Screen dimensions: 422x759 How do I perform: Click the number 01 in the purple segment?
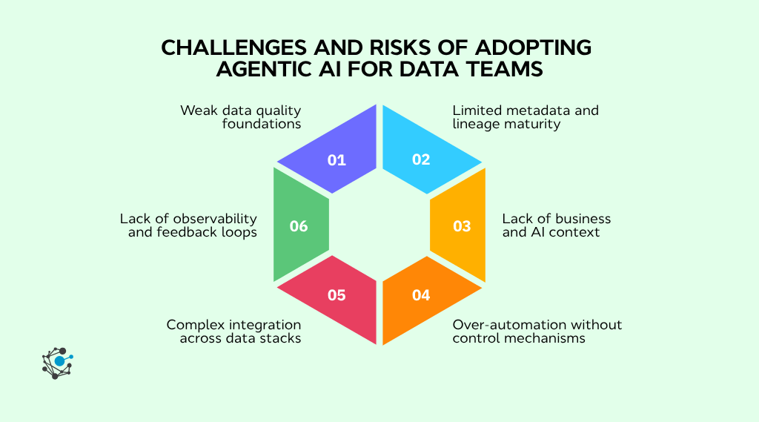tap(337, 159)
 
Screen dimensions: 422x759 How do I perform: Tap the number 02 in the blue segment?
tap(421, 159)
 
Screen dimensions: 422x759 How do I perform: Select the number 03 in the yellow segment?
tap(462, 226)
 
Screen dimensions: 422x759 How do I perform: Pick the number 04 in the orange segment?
tap(421, 294)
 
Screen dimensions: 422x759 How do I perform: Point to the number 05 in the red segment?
tap(337, 294)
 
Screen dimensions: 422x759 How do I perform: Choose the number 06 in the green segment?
tap(299, 226)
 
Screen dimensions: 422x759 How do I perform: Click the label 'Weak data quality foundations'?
tap(241, 117)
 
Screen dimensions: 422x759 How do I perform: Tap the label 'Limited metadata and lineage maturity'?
tap(526, 117)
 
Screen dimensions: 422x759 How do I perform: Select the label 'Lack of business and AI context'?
tap(556, 225)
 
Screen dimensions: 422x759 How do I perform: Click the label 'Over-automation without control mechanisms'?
tap(537, 332)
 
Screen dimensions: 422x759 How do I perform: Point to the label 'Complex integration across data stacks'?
tap(234, 332)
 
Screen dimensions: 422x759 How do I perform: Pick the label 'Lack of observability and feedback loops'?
tap(188, 225)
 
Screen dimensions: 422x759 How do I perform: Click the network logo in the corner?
tap(58, 363)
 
